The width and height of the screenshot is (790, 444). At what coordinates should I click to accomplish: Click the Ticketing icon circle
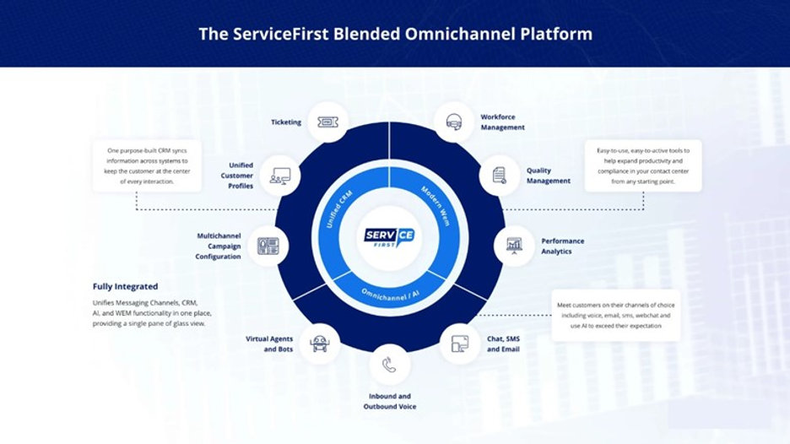[325, 122]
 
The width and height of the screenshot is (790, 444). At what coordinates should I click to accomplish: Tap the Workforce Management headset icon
[453, 122]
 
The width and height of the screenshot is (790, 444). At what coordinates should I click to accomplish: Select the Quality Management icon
[499, 175]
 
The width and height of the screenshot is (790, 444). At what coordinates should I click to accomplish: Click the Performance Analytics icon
[513, 246]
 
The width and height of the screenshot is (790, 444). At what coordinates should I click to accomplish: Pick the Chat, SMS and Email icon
[460, 344]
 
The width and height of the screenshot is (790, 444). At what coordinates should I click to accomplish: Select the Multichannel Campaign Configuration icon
[268, 246]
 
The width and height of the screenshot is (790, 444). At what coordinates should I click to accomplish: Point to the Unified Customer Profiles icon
[280, 175]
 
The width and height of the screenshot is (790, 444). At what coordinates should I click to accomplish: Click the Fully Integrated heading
[125, 287]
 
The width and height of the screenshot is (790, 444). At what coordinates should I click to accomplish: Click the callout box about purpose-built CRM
[147, 168]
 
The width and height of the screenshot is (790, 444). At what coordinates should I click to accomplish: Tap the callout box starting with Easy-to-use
[644, 166]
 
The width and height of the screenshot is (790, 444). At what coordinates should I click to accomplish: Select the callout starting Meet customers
[616, 316]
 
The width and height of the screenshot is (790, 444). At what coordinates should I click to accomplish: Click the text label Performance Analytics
[562, 246]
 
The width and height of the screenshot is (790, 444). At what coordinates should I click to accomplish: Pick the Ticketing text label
[286, 122]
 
